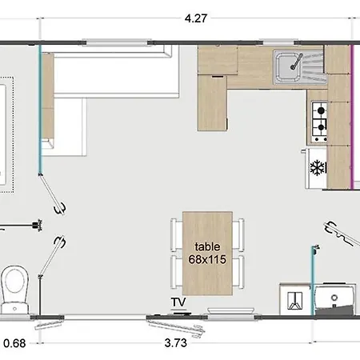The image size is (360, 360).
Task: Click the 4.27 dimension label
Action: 196,18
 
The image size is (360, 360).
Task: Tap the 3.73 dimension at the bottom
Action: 175,343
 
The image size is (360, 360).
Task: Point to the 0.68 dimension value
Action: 14,343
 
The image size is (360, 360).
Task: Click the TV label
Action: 178,302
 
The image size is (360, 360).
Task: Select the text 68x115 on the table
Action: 207,259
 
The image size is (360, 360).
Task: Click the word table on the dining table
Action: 207,246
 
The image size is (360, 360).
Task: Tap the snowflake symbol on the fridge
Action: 318,168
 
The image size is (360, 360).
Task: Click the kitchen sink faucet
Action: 297,62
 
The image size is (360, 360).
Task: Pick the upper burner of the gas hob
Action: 321,110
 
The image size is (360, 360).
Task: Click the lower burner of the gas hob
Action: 322,127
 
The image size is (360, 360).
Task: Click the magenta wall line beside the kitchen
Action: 352,117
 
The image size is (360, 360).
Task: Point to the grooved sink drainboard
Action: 314,66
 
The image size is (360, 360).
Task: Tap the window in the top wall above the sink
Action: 278,42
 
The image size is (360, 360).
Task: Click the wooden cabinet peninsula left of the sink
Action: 212,103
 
